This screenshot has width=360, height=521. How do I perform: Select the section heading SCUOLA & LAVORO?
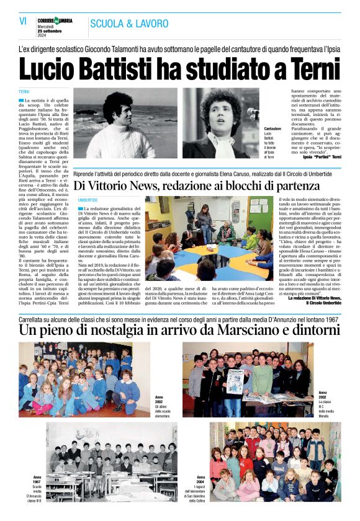coord(128,24)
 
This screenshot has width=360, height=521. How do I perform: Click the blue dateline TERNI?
coord(24,92)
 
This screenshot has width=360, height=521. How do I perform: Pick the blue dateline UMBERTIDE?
coord(88,200)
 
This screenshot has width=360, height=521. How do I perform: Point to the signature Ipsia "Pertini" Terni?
coord(319,157)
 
